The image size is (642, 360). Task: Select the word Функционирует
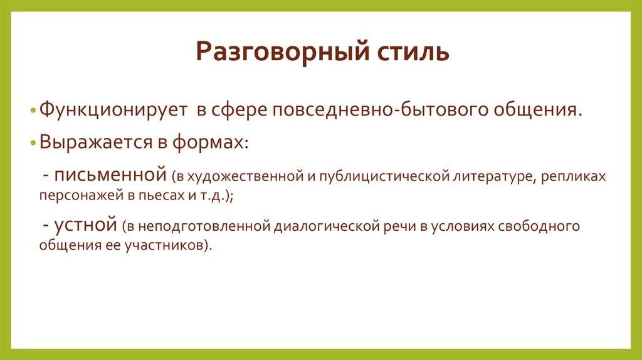click(113, 110)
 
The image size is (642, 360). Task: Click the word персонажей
click(76, 195)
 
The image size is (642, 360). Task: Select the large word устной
click(86, 225)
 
